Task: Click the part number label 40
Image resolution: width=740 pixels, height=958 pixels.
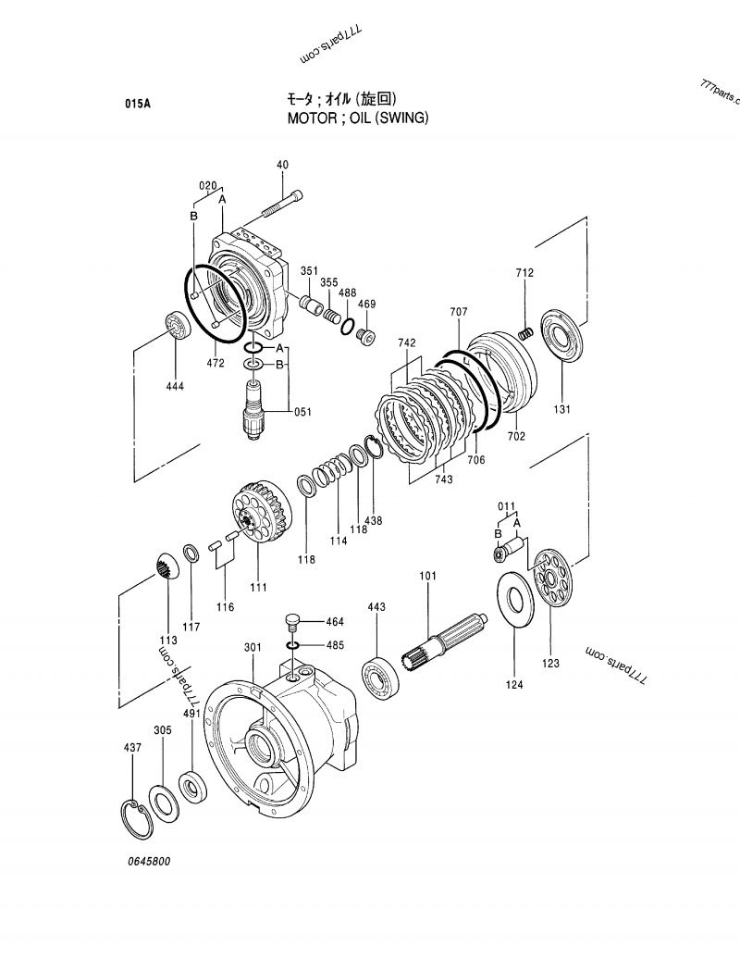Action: point(282,165)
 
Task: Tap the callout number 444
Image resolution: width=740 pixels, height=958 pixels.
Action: point(175,386)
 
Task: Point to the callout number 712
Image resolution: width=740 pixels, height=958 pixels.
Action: point(524,273)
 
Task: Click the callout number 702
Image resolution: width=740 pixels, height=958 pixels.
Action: point(516,435)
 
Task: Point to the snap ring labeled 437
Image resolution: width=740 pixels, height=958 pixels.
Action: point(141,815)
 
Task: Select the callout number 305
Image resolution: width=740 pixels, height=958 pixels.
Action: point(162,730)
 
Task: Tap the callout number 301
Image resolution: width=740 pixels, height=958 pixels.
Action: point(253,647)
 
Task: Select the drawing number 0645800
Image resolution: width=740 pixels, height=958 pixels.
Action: point(149,861)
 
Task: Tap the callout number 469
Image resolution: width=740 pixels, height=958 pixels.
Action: point(366,305)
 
